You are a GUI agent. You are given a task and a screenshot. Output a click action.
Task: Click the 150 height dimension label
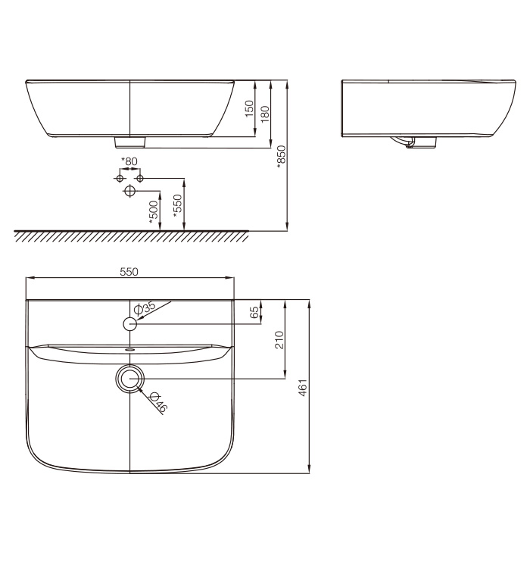249,108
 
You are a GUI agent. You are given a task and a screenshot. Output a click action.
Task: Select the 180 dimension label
265,114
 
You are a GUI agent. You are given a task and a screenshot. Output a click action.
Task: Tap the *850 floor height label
281,157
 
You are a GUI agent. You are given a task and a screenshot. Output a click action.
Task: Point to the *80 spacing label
129,161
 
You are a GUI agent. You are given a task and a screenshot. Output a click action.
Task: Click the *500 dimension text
154,212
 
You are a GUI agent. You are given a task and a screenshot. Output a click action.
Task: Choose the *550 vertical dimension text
177,206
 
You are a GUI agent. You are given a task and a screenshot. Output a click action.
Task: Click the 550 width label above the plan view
129,272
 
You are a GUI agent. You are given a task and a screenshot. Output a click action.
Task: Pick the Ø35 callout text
145,308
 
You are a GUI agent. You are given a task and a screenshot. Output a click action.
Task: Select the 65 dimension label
255,312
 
